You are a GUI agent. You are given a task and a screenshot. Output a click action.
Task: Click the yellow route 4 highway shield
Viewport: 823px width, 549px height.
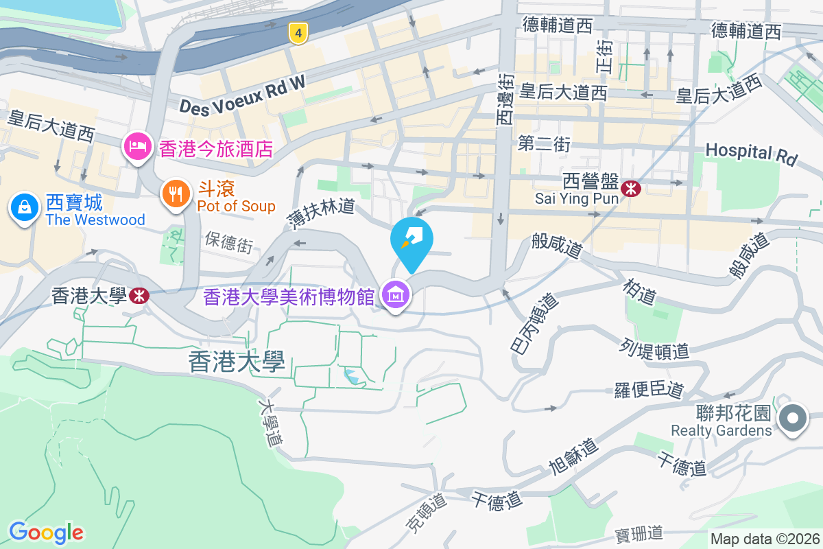[x=297, y=32]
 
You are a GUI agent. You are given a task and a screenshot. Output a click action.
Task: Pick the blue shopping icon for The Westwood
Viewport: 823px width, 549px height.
[x=24, y=207]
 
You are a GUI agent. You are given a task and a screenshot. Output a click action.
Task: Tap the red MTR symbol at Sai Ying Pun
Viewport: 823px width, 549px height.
[x=630, y=187]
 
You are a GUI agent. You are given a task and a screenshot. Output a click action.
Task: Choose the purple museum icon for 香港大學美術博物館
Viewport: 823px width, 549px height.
[x=396, y=296]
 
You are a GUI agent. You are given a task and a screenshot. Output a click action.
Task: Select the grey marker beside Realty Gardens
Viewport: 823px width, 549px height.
[x=794, y=418]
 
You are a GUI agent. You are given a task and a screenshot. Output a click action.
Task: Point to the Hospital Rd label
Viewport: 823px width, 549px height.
[x=751, y=154]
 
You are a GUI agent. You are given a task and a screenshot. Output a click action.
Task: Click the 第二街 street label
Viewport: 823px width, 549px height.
[x=545, y=144]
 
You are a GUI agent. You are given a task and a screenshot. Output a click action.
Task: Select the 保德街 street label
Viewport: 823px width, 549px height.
[x=228, y=242]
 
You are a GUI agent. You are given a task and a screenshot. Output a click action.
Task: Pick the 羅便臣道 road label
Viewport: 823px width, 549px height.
[x=649, y=390]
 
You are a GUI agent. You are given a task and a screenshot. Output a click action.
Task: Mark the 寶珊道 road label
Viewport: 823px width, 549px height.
[x=639, y=532]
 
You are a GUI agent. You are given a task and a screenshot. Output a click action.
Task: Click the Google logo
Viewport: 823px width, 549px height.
[x=46, y=532]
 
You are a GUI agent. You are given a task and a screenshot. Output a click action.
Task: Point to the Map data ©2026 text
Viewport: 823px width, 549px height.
[x=765, y=539]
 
